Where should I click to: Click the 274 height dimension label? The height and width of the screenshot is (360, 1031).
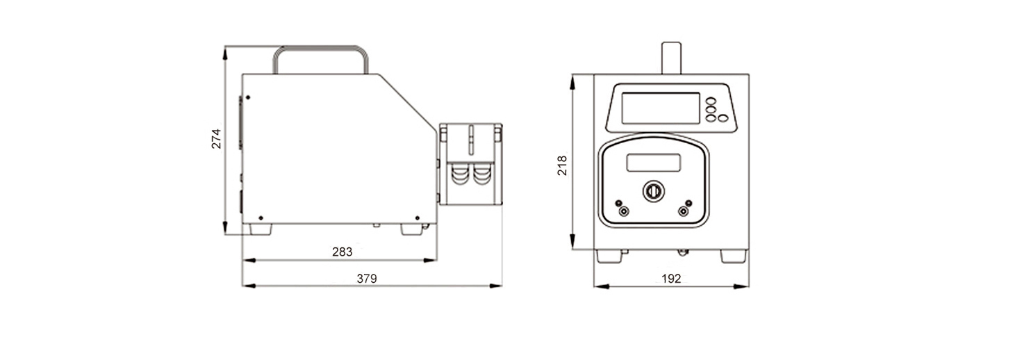click(x=216, y=138)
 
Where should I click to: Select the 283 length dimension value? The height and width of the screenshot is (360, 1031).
click(x=342, y=252)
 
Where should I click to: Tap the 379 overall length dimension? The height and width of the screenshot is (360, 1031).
click(x=367, y=279)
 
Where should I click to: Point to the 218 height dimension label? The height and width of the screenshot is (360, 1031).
click(x=562, y=165)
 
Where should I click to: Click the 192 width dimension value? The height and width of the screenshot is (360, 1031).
click(x=671, y=279)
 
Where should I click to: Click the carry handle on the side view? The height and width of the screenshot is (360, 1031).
click(x=321, y=48)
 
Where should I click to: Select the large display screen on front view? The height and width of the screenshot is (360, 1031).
click(x=661, y=108)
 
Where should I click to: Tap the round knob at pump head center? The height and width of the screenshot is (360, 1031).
click(x=653, y=191)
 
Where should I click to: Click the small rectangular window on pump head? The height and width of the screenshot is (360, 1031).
click(x=654, y=163)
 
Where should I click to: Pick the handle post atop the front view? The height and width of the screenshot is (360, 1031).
click(x=671, y=58)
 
